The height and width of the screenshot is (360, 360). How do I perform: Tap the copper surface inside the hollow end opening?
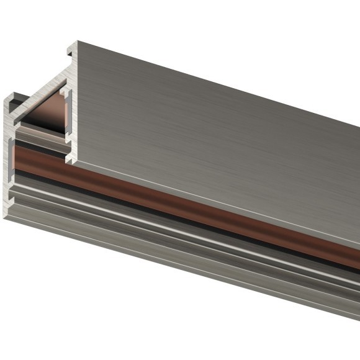(x=47, y=115)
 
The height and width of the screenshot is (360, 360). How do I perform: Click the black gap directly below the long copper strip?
(x=186, y=218)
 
